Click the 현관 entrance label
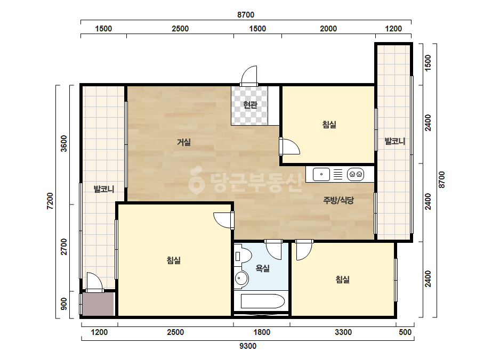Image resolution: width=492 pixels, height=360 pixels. click(x=250, y=104)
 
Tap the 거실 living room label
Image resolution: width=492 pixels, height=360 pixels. click(x=184, y=142)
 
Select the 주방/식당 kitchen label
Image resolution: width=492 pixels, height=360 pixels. click(x=338, y=200)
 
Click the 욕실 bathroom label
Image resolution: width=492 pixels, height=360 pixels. click(x=263, y=268)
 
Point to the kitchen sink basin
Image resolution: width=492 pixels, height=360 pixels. click(x=321, y=174)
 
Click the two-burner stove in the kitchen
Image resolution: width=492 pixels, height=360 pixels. click(x=356, y=174)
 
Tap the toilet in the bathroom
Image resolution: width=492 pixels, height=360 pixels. click(x=243, y=256)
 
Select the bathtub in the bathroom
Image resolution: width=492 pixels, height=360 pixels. click(x=263, y=301)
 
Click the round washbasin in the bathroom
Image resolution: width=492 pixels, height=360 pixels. click(x=241, y=278)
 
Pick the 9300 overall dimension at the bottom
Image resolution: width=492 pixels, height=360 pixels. click(x=248, y=346)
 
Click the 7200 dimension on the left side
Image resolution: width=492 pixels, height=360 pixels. click(x=50, y=201)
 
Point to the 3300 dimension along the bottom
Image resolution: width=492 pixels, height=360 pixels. click(x=343, y=332)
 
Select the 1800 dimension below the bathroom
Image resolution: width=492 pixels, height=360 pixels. click(x=262, y=332)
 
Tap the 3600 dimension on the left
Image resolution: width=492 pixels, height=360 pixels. click(x=63, y=143)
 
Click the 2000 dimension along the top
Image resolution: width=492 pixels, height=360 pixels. click(x=328, y=29)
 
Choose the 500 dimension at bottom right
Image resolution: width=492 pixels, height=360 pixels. click(x=405, y=332)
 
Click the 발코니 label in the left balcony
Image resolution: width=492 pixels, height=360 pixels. click(x=104, y=189)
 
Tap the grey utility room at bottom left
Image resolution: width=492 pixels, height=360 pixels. click(x=98, y=304)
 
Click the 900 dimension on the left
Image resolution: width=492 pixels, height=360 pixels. click(x=63, y=304)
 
